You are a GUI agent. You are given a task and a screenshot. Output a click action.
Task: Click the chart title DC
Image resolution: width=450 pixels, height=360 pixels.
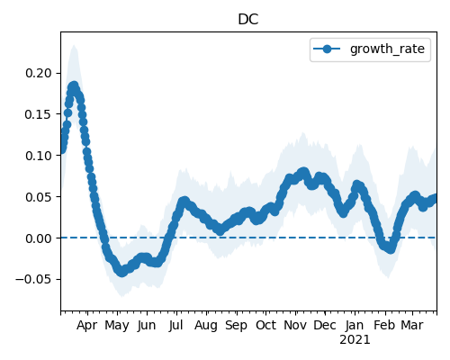point(248,20)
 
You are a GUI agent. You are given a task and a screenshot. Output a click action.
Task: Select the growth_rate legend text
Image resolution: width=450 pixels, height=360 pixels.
point(387,49)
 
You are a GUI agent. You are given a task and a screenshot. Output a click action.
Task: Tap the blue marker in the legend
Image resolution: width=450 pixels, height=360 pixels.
point(327,49)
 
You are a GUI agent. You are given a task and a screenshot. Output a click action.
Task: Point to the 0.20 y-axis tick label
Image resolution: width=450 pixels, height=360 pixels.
point(39,73)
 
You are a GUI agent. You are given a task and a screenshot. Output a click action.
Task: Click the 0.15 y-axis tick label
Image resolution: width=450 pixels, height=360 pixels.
point(39,114)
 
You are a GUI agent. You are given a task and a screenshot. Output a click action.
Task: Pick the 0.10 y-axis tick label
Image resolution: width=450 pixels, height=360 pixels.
point(39,156)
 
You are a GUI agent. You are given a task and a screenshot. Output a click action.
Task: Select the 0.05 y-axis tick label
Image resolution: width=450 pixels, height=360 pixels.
point(39,197)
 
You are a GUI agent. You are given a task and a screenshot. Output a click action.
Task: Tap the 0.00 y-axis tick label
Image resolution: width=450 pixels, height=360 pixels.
point(39,238)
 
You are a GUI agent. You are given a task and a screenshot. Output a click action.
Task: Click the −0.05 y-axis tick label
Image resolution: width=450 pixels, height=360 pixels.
point(33,280)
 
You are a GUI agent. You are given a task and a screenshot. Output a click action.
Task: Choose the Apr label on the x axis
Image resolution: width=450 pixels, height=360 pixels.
point(86,326)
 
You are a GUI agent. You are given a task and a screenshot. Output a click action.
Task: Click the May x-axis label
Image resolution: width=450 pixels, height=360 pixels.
point(117,326)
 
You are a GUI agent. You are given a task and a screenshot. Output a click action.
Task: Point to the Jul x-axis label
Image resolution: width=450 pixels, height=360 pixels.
point(175,325)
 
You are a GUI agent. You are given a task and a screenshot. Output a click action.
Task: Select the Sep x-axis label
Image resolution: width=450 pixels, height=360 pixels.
point(236,326)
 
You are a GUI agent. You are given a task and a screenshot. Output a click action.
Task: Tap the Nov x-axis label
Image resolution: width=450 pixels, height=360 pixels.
point(295,325)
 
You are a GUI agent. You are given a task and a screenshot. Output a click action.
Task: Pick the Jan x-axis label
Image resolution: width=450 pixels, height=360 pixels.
point(355,325)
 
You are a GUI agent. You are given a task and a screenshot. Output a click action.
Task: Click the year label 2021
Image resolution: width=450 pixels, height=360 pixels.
point(355,340)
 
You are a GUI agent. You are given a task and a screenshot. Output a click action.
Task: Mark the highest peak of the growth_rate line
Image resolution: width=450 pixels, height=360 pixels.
point(74,86)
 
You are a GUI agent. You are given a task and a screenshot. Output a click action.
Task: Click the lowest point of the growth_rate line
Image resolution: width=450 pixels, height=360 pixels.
point(121,273)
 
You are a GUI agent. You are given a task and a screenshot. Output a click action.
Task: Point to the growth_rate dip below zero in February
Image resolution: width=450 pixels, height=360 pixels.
point(391,249)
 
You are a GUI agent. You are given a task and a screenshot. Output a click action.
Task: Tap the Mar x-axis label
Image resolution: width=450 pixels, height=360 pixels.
point(412,325)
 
